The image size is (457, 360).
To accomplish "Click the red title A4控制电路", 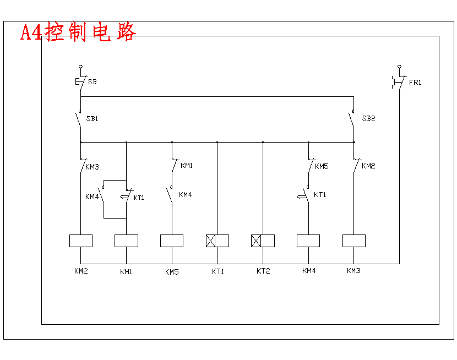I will click(x=78, y=32).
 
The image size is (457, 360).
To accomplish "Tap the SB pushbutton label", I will click(x=92, y=82).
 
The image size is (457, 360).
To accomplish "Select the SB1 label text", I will click(x=92, y=119).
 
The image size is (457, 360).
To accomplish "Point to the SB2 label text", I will click(x=368, y=119).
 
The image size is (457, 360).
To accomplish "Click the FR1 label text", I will click(x=415, y=83).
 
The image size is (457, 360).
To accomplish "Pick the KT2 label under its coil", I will click(x=264, y=271).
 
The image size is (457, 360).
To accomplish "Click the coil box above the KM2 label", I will click(x=81, y=241).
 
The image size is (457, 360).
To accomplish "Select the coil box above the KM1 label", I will click(x=126, y=241).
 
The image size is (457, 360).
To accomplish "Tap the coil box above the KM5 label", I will click(x=172, y=241).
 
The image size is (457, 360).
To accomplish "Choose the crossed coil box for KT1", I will click(x=217, y=241).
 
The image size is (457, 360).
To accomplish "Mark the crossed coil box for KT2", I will click(x=263, y=241).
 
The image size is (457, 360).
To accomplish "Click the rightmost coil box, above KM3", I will click(x=354, y=241).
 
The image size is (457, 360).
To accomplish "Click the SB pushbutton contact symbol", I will click(x=80, y=82).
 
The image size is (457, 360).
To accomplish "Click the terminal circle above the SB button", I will click(x=80, y=66).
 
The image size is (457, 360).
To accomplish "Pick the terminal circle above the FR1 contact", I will click(x=400, y=66).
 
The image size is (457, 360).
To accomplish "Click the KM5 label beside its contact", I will click(x=322, y=166).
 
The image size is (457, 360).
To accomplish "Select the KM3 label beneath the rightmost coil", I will click(x=354, y=271).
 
